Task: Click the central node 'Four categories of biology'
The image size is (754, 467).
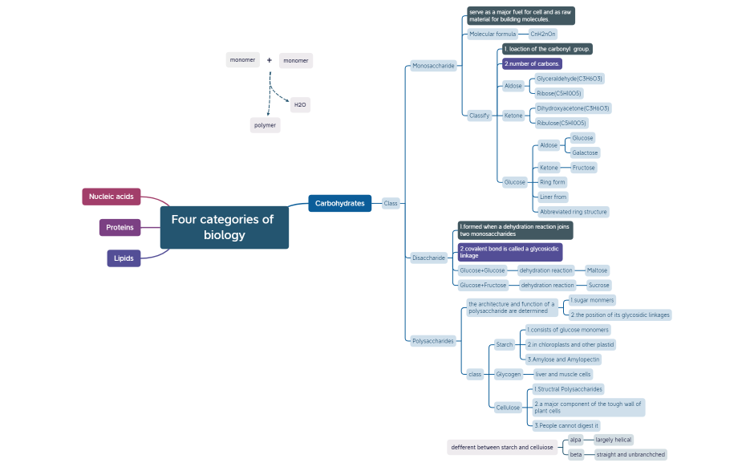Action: (x=224, y=227)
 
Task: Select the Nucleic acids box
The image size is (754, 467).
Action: (x=111, y=197)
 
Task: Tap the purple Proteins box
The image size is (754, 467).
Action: (x=120, y=227)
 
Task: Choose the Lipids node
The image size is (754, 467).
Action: (x=124, y=258)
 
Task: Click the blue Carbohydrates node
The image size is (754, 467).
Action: (x=339, y=203)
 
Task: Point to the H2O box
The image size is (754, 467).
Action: (x=300, y=105)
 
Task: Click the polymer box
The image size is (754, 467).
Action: (x=266, y=125)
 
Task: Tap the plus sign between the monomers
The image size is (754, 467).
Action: (x=270, y=60)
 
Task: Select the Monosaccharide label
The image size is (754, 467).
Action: (x=433, y=66)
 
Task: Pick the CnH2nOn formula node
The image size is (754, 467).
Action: (x=543, y=35)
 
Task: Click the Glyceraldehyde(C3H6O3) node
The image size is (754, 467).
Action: (x=570, y=79)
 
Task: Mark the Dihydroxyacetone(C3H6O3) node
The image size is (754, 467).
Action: (x=573, y=108)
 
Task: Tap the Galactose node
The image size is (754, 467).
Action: (x=585, y=152)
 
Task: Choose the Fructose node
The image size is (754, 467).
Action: (x=583, y=168)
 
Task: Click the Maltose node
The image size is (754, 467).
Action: (x=597, y=270)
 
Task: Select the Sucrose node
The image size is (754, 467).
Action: (x=598, y=285)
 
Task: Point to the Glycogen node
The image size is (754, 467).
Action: (x=509, y=374)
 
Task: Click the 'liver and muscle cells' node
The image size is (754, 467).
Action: (x=562, y=374)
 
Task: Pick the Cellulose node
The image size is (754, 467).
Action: (x=508, y=408)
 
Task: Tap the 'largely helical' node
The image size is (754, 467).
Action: (x=614, y=440)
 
